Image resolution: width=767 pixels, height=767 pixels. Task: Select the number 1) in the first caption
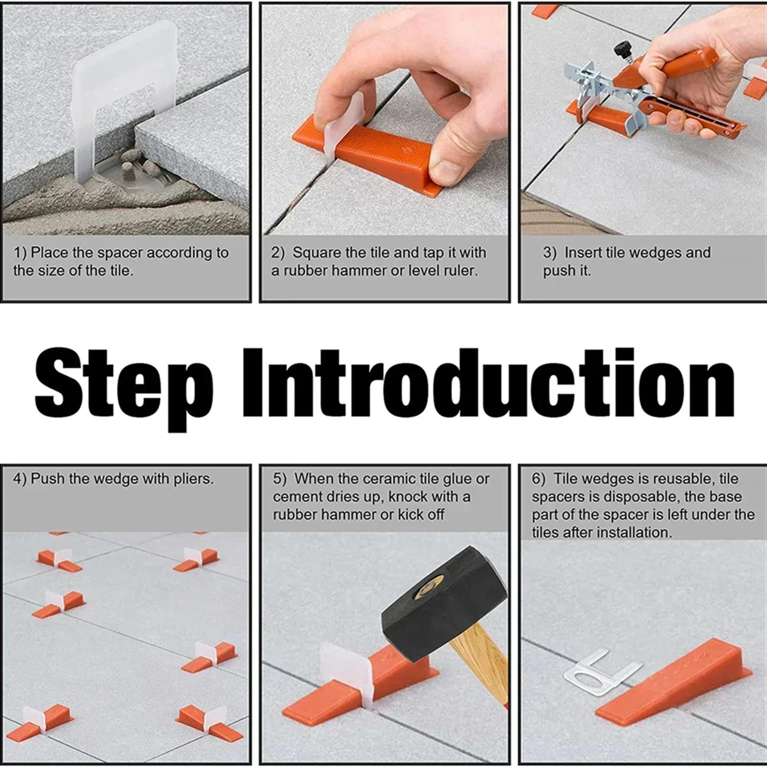(x=20, y=253)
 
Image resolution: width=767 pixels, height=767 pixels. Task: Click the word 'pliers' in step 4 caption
(x=192, y=479)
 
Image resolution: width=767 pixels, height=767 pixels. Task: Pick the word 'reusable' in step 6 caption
(x=677, y=479)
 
